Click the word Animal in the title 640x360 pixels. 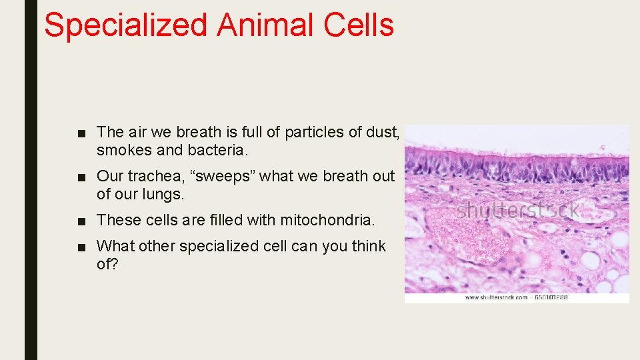265,25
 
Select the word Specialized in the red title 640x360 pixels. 125,25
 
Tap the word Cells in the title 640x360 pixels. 359,25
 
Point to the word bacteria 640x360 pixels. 217,151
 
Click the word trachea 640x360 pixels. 155,177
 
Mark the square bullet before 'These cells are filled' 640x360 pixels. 81,221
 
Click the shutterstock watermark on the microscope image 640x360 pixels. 517,211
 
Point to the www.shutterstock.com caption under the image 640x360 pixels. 496,297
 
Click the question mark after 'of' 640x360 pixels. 115,265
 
